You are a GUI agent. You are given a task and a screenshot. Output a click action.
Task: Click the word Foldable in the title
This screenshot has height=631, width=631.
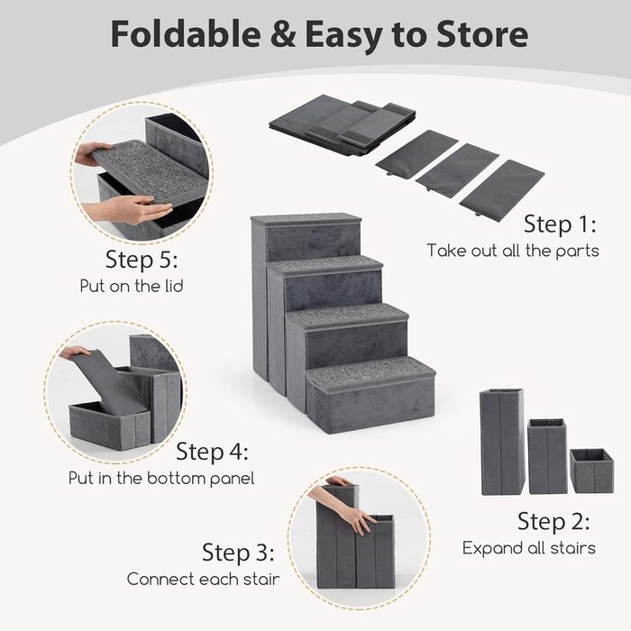pyautogui.click(x=186, y=34)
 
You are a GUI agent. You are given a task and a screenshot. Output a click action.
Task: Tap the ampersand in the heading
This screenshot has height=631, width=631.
pyautogui.click(x=283, y=34)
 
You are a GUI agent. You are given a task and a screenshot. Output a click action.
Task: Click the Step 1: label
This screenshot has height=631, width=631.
pyautogui.click(x=560, y=224)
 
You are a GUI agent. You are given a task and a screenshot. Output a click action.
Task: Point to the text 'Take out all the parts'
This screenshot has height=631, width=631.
pyautogui.click(x=513, y=251)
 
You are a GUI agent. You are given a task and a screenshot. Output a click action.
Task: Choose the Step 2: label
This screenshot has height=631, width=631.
pyautogui.click(x=553, y=521)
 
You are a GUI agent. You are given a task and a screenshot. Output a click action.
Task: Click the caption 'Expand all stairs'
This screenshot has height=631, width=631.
pyautogui.click(x=529, y=548)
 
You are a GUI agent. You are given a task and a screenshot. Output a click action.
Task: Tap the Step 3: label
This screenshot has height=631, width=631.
pyautogui.click(x=238, y=552)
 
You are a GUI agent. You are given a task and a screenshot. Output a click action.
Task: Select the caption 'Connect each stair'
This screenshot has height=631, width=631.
pyautogui.click(x=203, y=579)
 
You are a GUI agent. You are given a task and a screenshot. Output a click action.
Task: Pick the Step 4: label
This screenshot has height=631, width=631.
pyautogui.click(x=212, y=451)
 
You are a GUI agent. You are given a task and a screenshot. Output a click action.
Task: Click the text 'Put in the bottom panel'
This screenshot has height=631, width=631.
pyautogui.click(x=161, y=478)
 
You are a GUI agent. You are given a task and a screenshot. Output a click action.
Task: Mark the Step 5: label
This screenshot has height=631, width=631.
pyautogui.click(x=142, y=260)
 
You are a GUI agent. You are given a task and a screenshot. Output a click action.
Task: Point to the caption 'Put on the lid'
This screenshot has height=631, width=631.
pyautogui.click(x=132, y=286)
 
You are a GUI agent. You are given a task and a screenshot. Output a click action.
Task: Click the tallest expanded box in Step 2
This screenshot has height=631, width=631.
pyautogui.click(x=502, y=442)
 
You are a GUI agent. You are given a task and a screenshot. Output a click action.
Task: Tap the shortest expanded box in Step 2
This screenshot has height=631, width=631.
pyautogui.click(x=591, y=471)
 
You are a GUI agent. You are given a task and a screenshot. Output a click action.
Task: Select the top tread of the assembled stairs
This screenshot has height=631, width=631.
pyautogui.click(x=306, y=220)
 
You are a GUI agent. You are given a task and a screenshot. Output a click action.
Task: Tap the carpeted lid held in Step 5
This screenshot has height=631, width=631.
pyautogui.click(x=151, y=169)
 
